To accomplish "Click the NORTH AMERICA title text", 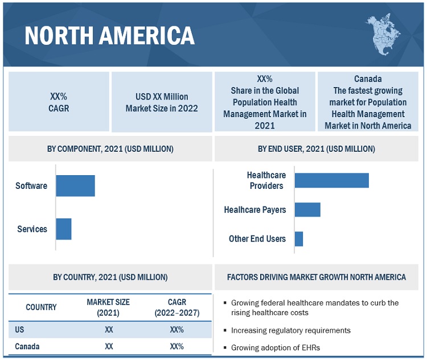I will (109, 35).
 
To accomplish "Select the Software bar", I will (75, 186).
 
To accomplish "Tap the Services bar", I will (64, 229).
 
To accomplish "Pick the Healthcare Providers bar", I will (331, 180).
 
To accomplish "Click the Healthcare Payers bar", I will (307, 210).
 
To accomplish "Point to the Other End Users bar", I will (299, 239).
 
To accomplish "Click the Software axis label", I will (31, 186).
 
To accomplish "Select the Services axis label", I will (32, 229).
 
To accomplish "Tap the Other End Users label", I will (257, 239).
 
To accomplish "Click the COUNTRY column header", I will (41, 307).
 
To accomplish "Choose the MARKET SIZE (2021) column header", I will (109, 307).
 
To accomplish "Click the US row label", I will (20, 330).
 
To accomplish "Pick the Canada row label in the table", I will (27, 346).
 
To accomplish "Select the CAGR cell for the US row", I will (176, 330).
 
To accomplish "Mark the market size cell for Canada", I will (109, 346).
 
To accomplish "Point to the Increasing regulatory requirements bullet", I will (290, 330).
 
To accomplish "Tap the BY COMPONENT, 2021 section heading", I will (110, 149).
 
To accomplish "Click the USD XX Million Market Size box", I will (162, 102).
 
